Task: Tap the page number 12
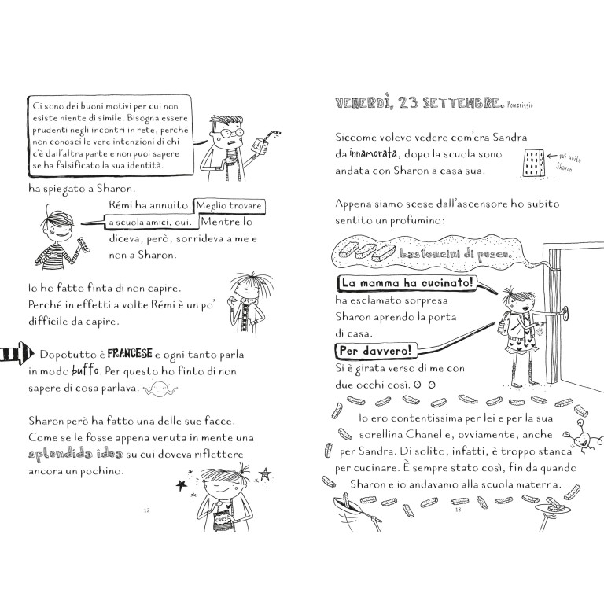(x=145, y=510)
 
